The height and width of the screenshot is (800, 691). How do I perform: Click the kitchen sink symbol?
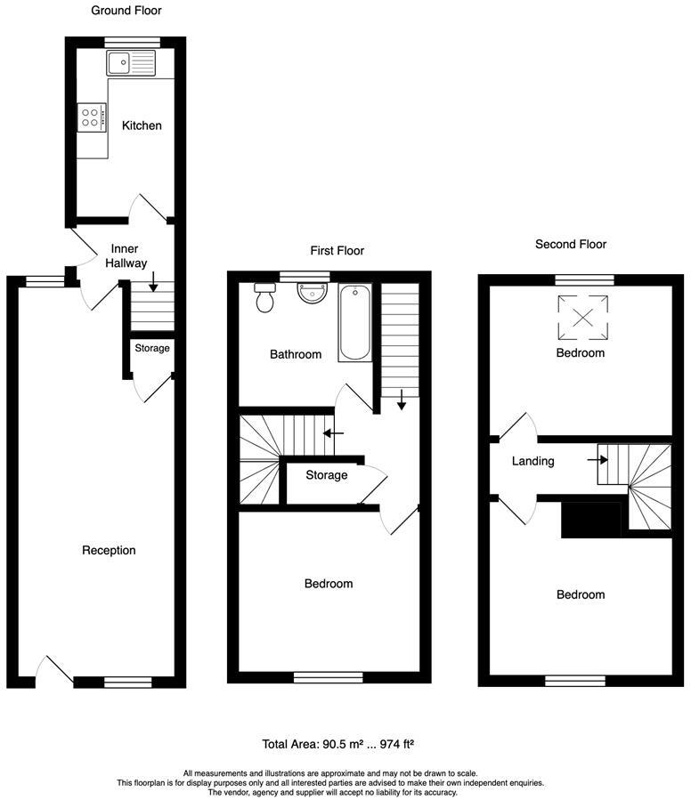[x=130, y=63]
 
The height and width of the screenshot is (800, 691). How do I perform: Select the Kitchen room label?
[x=142, y=125]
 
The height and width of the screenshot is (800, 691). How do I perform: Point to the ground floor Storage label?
[x=151, y=348]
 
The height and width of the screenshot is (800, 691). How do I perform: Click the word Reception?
[x=109, y=550]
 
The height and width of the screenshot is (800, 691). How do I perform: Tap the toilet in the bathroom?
[x=264, y=299]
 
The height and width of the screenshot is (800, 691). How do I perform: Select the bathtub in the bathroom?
[x=354, y=322]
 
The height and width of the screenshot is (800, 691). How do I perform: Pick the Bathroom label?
[x=296, y=354]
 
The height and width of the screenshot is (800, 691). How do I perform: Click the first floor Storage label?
[x=326, y=475]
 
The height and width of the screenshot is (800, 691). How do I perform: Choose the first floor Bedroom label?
[x=329, y=584]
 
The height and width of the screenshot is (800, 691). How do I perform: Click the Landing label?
[x=533, y=461]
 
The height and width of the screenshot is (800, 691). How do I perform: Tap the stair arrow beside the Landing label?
[x=597, y=460]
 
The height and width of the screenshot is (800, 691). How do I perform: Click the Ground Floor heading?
[x=126, y=11]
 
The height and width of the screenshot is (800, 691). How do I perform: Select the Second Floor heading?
[x=571, y=244]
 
